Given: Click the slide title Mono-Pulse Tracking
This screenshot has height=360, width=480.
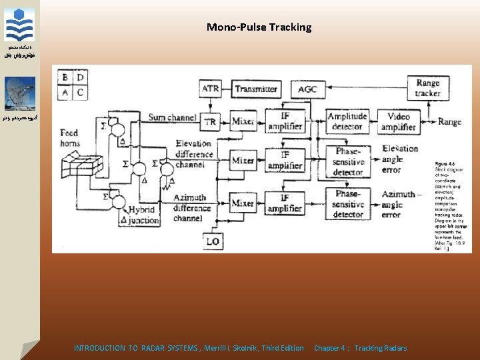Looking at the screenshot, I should pos(259,27).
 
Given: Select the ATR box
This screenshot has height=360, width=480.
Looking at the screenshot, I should pos(211,89).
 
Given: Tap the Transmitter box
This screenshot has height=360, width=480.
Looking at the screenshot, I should pos(256,89).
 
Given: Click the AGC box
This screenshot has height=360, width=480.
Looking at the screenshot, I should pos(307,89).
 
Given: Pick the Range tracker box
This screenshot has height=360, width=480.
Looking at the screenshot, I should pos(427,88).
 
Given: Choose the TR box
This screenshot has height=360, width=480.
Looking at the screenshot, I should pos(211,122).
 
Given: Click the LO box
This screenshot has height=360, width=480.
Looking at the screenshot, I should pos(213,240).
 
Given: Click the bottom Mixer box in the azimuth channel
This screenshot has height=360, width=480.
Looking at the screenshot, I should pos(243,203).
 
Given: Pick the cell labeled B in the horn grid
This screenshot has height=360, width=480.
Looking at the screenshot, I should pos(65,77).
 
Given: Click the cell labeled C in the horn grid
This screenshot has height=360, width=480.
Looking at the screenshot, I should pos(80,93).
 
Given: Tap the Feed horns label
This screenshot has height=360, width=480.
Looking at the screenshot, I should pos(69,138).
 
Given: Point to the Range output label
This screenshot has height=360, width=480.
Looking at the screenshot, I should pos(450,121).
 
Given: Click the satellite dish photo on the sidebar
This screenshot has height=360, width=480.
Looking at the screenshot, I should pos(20,93).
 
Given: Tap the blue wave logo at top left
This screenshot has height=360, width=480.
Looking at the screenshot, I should pos(19,25).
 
